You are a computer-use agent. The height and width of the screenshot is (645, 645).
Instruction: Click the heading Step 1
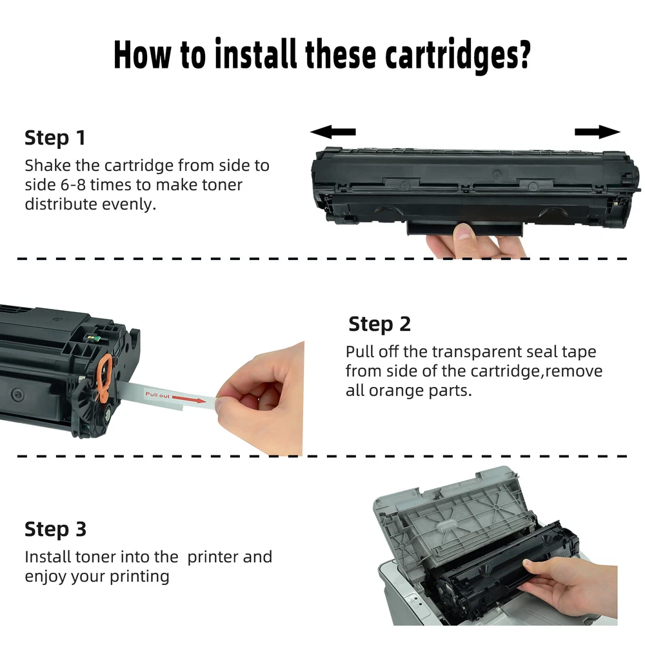coord(55,137)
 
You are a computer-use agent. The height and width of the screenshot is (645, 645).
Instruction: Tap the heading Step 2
coord(379,324)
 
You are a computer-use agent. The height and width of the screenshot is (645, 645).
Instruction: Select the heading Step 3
coord(55,529)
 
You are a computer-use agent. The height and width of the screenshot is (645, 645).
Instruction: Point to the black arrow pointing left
coord(333,132)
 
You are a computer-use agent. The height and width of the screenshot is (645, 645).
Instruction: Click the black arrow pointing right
coord(597,132)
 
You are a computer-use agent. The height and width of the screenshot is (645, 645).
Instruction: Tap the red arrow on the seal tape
coord(189,399)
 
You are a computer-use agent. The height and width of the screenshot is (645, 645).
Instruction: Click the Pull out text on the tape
coord(157,395)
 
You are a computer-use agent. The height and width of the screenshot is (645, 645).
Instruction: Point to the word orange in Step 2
coord(394,391)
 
